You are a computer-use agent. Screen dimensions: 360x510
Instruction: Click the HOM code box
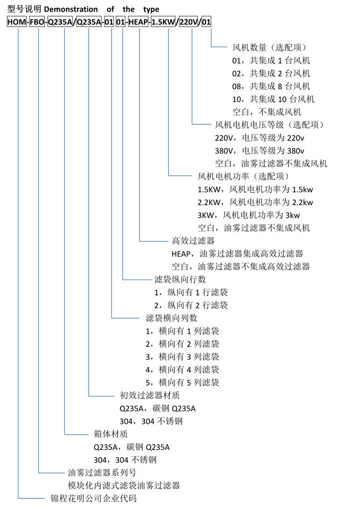pyautogui.click(x=17, y=22)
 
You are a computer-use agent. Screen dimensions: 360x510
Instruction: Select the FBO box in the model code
pyautogui.click(x=37, y=22)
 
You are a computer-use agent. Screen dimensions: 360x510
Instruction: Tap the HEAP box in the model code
pyautogui.click(x=138, y=22)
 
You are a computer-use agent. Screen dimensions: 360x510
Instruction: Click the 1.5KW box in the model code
pyautogui.click(x=163, y=22)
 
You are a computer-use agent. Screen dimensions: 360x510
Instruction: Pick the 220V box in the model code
pyautogui.click(x=189, y=22)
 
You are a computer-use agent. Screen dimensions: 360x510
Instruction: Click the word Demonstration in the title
pyautogui.click(x=71, y=9)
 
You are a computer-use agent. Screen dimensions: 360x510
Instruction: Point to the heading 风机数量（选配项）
pyautogui.click(x=269, y=48)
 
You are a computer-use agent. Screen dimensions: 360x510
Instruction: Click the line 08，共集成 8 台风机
pyautogui.click(x=271, y=86)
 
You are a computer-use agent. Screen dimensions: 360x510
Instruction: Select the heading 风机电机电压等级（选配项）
pyautogui.click(x=269, y=125)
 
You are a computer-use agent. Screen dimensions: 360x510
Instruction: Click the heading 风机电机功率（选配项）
pyautogui.click(x=243, y=176)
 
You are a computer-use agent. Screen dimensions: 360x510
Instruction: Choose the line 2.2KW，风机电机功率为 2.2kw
pyautogui.click(x=255, y=202)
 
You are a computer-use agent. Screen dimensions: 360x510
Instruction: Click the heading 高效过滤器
pyautogui.click(x=193, y=241)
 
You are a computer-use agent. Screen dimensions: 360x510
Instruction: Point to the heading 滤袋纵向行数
pyautogui.click(x=181, y=279)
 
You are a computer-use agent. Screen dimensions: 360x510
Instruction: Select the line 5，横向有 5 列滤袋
pyautogui.click(x=182, y=382)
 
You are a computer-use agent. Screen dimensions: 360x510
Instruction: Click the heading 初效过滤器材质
pyautogui.click(x=150, y=395)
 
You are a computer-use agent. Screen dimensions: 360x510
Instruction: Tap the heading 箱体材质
pyautogui.click(x=111, y=434)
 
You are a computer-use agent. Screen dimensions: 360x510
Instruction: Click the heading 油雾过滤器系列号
pyautogui.click(x=102, y=472)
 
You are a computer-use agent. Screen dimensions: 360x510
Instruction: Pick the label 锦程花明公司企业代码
pyautogui.click(x=94, y=498)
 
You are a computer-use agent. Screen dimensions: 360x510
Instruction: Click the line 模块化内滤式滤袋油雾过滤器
pyautogui.click(x=124, y=485)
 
